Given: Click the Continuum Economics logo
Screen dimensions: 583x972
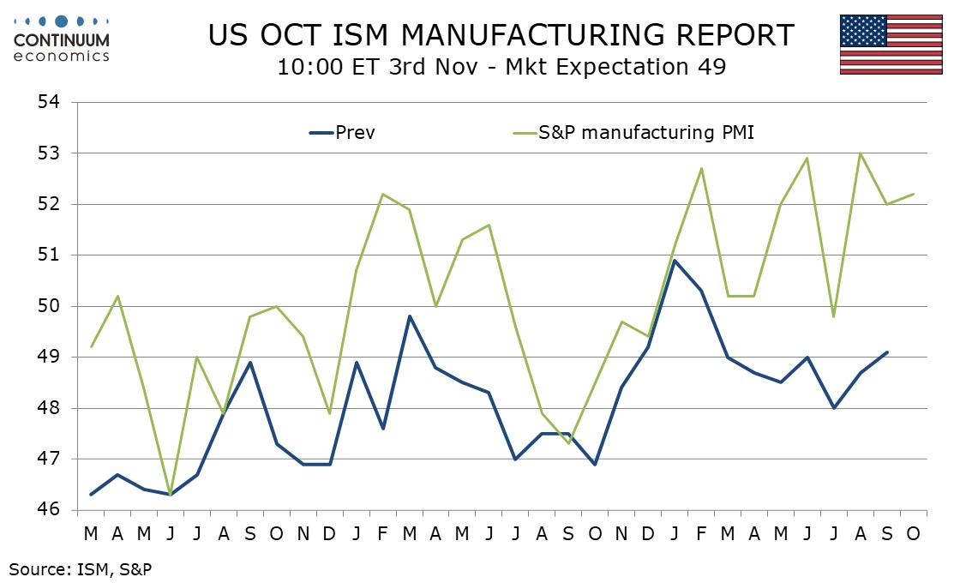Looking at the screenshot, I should click(x=63, y=37).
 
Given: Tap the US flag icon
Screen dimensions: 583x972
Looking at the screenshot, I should click(x=891, y=45).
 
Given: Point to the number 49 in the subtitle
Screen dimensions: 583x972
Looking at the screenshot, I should click(x=713, y=66).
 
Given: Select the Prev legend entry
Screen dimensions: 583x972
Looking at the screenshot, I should click(x=342, y=133).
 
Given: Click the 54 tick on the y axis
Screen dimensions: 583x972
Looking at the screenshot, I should click(x=51, y=103).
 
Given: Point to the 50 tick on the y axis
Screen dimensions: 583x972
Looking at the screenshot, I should click(x=51, y=306).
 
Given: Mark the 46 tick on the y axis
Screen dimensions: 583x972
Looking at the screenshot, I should click(x=51, y=510).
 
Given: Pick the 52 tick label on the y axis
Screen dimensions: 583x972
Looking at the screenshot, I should click(x=51, y=205).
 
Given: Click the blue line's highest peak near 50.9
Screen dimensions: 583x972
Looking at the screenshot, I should click(x=675, y=261).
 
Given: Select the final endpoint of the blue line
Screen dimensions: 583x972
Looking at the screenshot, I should click(x=886, y=352).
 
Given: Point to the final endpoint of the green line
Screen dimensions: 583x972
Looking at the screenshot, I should click(x=914, y=194).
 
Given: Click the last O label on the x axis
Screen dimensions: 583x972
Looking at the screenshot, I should click(x=914, y=533).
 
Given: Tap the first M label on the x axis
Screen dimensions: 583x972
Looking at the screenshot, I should click(x=91, y=533).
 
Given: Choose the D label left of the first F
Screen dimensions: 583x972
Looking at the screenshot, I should click(x=330, y=533).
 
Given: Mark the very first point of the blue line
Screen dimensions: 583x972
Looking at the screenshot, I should click(x=91, y=495).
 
